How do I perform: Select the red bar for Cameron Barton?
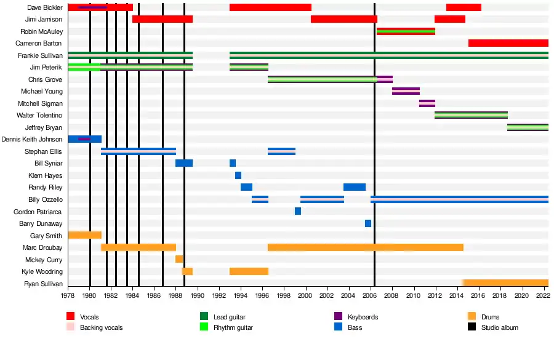click(508, 43)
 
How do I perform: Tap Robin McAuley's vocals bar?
click(406, 31)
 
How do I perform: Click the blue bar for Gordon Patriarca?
click(298, 211)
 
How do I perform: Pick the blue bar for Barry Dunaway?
click(368, 223)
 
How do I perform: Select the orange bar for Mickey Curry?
click(179, 259)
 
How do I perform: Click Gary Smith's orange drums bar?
click(84, 235)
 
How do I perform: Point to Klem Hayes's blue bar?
click(238, 175)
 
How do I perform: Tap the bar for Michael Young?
click(406, 91)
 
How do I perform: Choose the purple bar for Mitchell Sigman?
click(427, 103)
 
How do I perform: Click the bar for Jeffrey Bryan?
click(528, 127)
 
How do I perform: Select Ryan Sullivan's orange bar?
click(505, 283)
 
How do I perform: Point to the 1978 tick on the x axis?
click(68, 295)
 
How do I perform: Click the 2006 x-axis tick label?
click(371, 295)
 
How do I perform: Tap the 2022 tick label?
click(544, 295)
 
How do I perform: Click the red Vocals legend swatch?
click(71, 317)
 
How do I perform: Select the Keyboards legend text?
click(363, 317)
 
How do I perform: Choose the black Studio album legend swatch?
click(472, 327)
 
